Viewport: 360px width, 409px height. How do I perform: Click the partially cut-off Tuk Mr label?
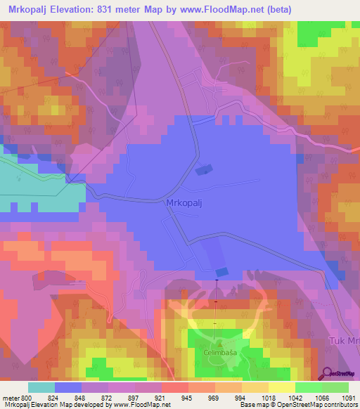[x=344, y=341]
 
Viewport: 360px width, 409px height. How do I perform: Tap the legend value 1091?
[x=349, y=397]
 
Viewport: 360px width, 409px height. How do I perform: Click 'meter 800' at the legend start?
[x=17, y=397]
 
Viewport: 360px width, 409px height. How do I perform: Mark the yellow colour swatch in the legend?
[x=281, y=387]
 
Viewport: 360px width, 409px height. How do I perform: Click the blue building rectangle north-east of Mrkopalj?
[x=204, y=169]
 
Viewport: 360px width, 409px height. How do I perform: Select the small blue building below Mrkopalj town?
[x=221, y=271]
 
